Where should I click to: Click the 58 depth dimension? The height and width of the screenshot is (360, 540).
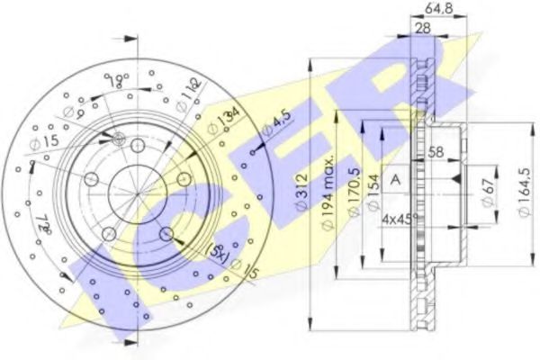pos(436,152)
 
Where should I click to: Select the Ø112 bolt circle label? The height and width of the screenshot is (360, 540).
pos(185,90)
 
